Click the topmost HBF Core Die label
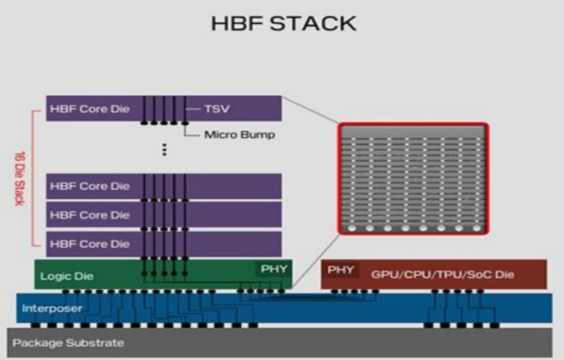click(x=90, y=109)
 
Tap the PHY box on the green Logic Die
click(x=273, y=270)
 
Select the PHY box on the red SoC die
click(x=341, y=270)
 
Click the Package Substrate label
click(x=68, y=343)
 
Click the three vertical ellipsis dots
click(x=165, y=150)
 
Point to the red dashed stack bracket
click(x=33, y=178)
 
